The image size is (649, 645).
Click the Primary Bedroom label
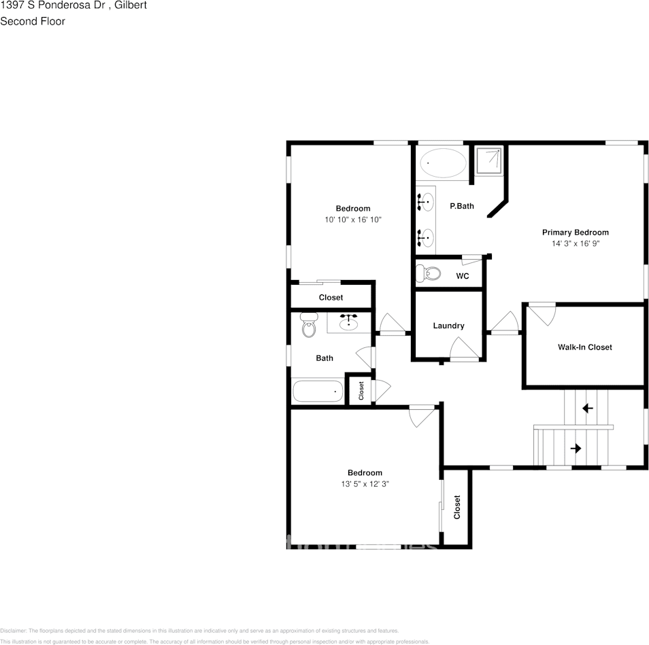point(575,232)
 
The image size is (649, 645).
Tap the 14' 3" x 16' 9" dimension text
point(575,243)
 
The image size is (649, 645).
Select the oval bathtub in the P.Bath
point(443,164)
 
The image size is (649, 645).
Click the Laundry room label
point(448,326)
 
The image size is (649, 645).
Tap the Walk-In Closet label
point(584,347)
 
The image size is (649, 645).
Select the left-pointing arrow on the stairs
point(587,408)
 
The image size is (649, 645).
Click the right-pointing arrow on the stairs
point(576,449)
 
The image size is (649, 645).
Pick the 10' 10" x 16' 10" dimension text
point(353,220)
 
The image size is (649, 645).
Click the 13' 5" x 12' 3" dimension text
point(365,484)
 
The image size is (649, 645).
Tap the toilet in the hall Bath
point(309,325)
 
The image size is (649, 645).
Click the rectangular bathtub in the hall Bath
point(318,391)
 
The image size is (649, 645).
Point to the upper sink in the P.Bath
point(426,201)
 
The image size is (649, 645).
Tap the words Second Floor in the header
point(33,21)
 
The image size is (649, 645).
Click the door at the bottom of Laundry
point(465,350)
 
